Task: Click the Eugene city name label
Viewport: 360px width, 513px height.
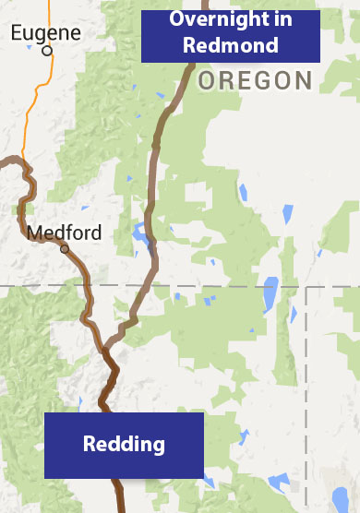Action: click(45, 33)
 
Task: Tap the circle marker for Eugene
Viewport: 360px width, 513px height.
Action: click(47, 51)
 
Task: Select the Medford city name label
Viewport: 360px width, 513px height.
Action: click(64, 233)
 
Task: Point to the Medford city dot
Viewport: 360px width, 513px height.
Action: click(65, 249)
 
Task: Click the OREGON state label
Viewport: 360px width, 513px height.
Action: click(255, 80)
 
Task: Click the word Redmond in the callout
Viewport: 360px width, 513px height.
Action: click(230, 44)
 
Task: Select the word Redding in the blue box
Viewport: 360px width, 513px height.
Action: click(124, 445)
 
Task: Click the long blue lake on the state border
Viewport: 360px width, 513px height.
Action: click(270, 294)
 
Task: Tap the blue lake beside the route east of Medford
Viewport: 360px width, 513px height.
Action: click(140, 234)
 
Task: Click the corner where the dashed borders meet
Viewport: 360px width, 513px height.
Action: click(306, 287)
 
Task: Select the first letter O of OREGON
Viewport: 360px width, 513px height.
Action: click(206, 80)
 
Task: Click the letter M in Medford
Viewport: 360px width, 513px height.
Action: click(34, 233)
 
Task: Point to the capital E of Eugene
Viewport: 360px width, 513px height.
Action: click(16, 33)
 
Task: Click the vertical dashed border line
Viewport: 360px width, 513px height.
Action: click(306, 388)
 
